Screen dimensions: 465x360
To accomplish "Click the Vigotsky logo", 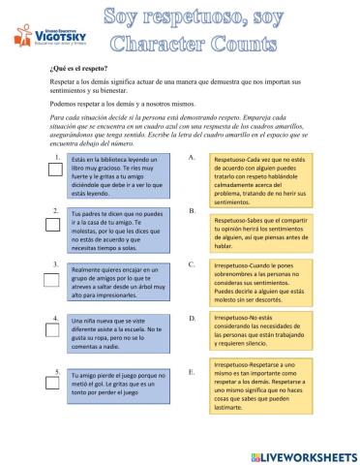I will tap(50, 37).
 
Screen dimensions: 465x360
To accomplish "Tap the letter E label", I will tap(193, 371).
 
